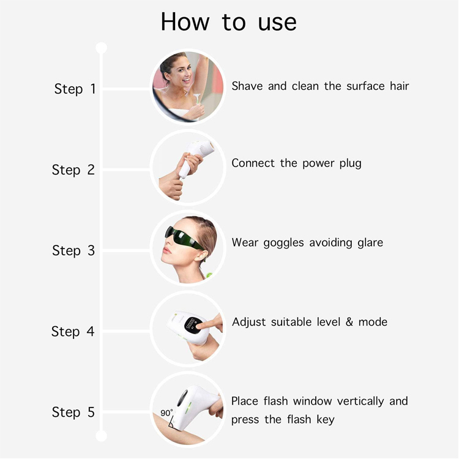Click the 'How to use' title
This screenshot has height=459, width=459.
(x=229, y=22)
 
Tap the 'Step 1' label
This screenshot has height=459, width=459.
(x=75, y=89)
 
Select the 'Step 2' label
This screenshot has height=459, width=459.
(x=73, y=170)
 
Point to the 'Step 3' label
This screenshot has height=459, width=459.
(x=73, y=250)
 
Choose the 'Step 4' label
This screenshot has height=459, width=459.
(x=73, y=331)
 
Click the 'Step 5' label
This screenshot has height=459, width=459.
(x=73, y=412)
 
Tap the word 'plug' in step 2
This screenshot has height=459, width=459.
(x=351, y=163)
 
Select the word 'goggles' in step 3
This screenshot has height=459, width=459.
(x=283, y=243)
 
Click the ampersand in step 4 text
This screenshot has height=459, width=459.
(x=349, y=322)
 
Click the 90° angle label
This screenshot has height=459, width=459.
(x=166, y=412)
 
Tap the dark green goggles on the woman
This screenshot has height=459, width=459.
(x=183, y=237)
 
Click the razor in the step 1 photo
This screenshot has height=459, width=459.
(x=197, y=98)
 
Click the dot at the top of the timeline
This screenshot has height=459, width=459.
(x=101, y=48)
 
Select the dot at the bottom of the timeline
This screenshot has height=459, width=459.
(x=101, y=436)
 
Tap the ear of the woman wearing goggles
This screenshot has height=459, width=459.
(x=202, y=255)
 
